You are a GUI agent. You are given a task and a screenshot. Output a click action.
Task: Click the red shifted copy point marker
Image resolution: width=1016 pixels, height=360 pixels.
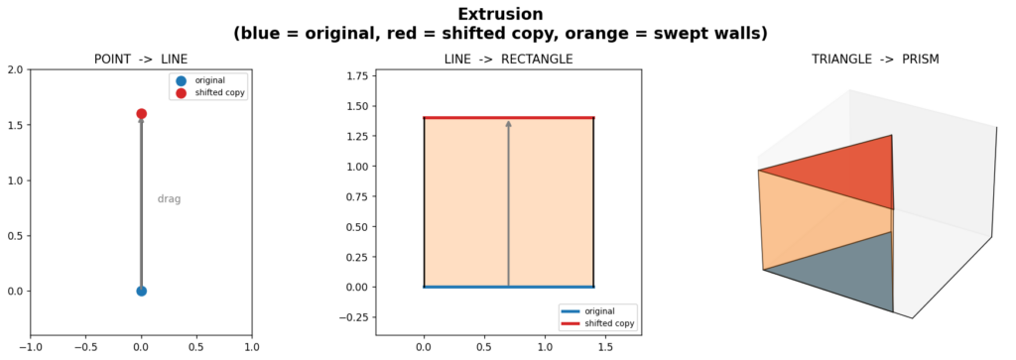(141, 113)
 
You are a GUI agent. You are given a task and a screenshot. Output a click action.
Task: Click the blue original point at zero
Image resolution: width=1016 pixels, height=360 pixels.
(141, 291)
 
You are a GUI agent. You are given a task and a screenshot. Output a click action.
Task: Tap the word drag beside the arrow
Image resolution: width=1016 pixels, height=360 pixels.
(169, 199)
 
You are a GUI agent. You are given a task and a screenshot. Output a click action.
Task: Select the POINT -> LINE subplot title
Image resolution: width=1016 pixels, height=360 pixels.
(141, 60)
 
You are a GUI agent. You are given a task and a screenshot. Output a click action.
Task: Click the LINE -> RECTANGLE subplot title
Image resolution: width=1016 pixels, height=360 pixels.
(508, 60)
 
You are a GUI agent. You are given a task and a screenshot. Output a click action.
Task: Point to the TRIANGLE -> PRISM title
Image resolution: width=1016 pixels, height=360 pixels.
(875, 60)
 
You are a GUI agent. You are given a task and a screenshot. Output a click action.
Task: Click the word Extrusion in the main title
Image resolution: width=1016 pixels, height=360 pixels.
(500, 14)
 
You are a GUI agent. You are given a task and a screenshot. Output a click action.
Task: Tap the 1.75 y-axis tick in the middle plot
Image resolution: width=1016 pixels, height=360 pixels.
(358, 76)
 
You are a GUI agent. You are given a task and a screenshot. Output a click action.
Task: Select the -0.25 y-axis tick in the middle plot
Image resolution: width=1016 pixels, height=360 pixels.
(356, 317)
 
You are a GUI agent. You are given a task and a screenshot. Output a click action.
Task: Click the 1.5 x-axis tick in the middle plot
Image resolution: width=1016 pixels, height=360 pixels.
(605, 347)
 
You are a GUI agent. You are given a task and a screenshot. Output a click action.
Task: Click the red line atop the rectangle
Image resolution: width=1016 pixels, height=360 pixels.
(509, 118)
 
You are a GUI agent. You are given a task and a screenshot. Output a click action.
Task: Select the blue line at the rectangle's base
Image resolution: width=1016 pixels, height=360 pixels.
(509, 287)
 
